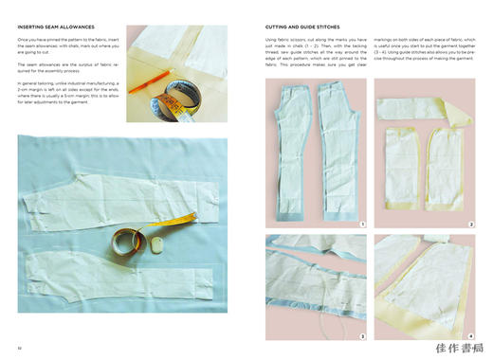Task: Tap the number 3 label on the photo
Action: tap(362, 335)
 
